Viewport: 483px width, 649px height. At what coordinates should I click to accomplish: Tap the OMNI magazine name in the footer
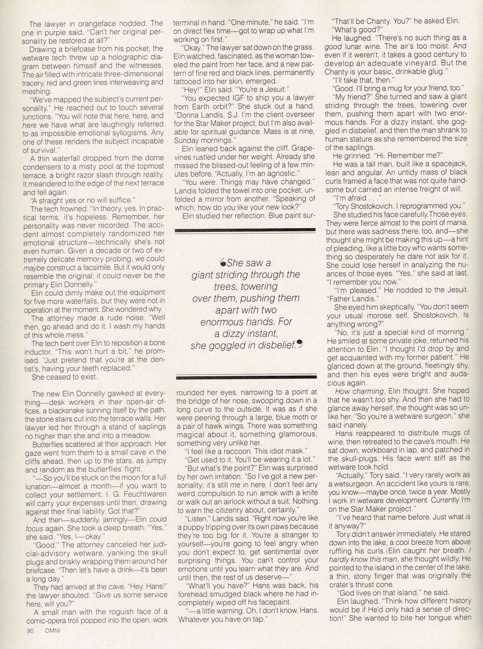coord(52,631)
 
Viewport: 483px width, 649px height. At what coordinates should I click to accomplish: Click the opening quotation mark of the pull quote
coord(223,263)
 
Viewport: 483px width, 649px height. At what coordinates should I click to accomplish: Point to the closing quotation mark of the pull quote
coord(299,345)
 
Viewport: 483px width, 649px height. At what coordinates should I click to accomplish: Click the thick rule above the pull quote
coord(246,231)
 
